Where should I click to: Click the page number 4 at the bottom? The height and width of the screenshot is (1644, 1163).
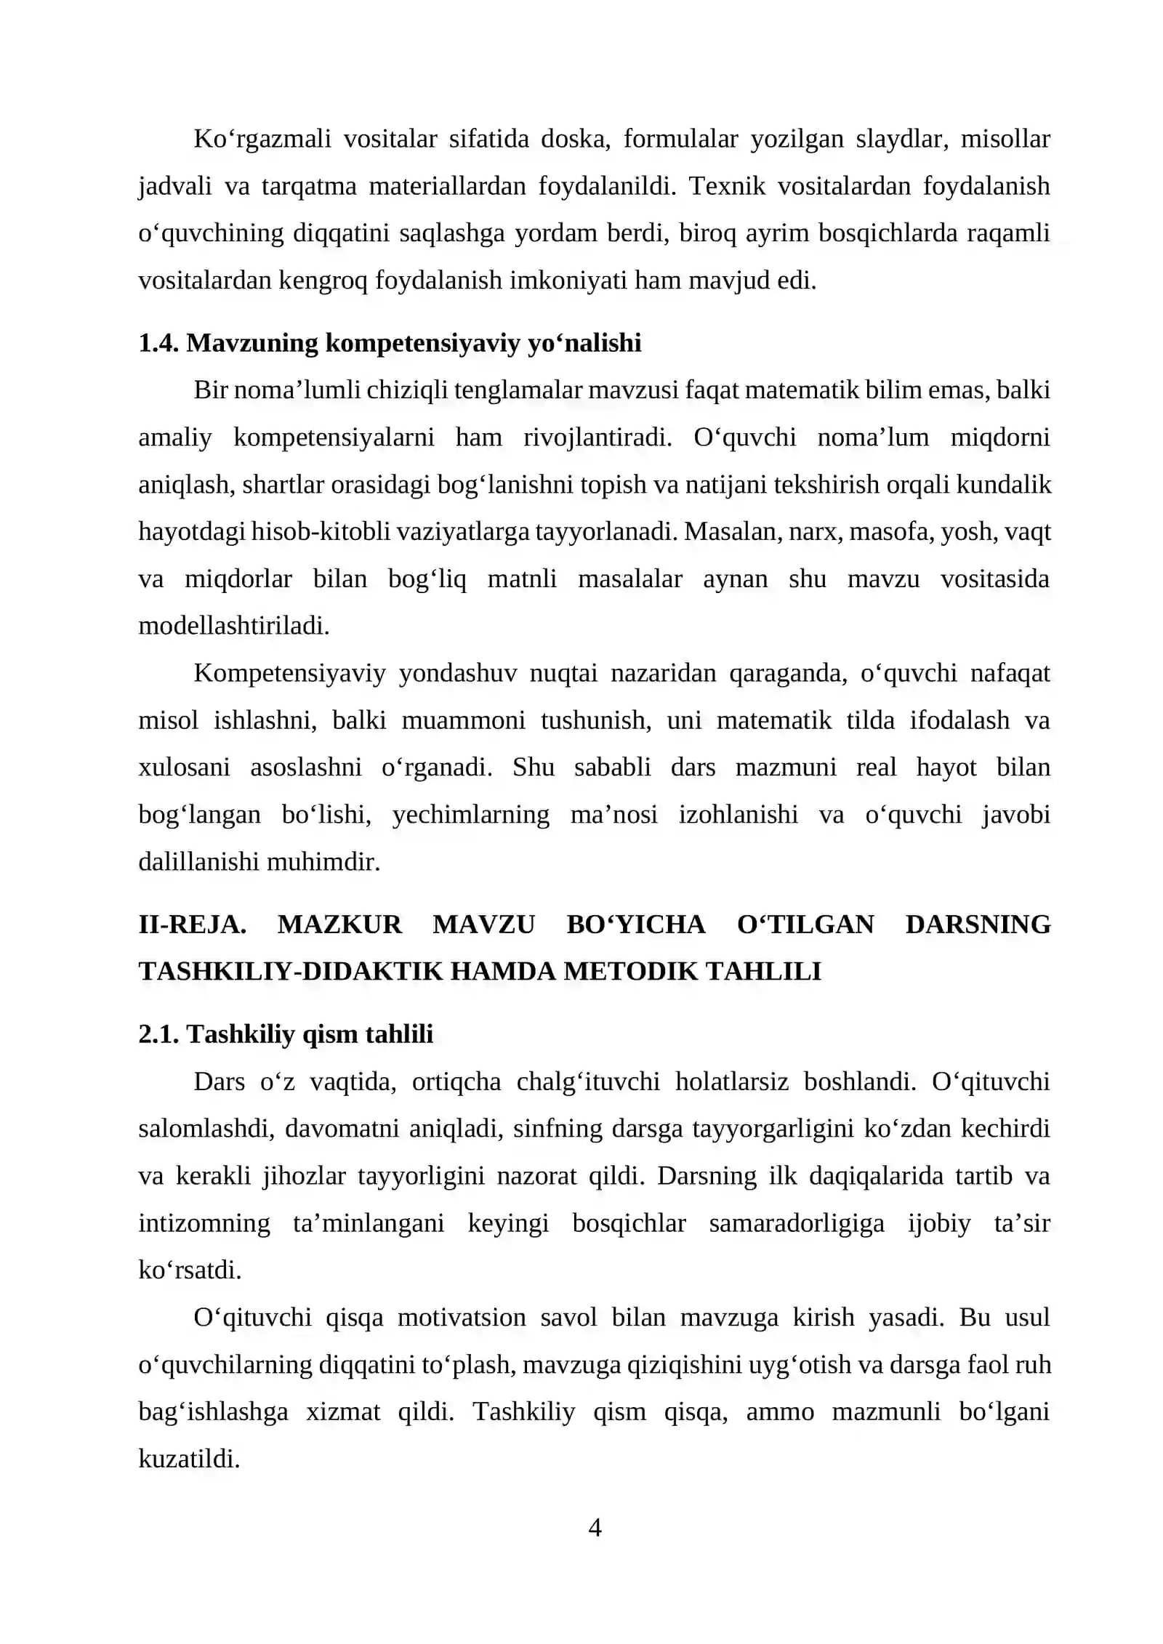(x=594, y=1528)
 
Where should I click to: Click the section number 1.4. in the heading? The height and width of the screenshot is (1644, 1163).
(x=158, y=343)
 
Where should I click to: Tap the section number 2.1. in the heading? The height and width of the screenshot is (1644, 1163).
(x=158, y=1034)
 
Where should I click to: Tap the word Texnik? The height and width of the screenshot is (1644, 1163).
(x=727, y=186)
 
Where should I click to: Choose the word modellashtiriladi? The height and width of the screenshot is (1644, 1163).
(x=233, y=626)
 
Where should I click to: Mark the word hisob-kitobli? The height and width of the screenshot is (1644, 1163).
(x=334, y=532)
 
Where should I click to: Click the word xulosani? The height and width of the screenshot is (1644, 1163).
(x=184, y=767)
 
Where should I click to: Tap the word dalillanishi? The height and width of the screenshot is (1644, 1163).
(x=199, y=862)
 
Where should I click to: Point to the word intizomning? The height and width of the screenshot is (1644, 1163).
(x=204, y=1223)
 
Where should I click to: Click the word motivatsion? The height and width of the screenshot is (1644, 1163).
(x=462, y=1318)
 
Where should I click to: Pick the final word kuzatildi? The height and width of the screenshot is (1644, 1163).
(x=188, y=1459)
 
